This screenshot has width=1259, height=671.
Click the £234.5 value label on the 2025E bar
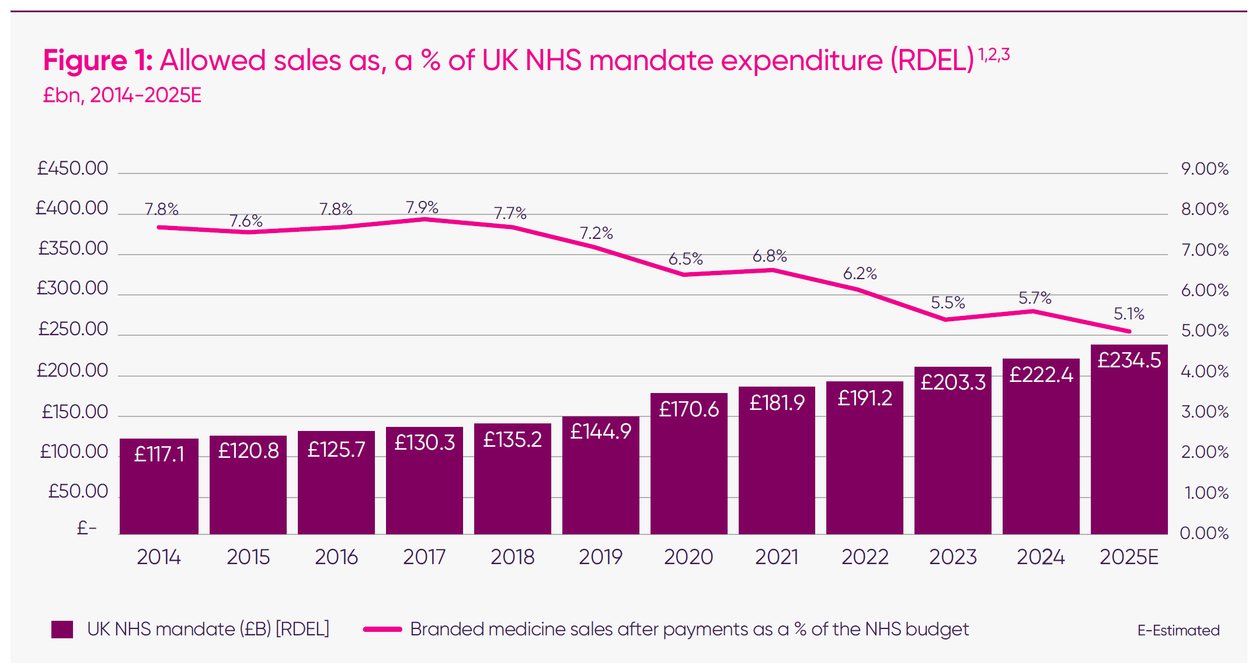(x=1129, y=360)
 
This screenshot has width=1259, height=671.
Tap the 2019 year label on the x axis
(x=600, y=557)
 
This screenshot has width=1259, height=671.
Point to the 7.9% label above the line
(x=422, y=207)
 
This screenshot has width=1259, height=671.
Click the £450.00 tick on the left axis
(x=72, y=168)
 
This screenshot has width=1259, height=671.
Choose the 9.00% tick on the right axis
(x=1204, y=169)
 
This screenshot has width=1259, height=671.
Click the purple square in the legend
(x=62, y=630)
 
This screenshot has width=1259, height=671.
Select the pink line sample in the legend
(x=382, y=630)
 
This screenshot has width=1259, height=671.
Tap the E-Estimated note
(x=1178, y=630)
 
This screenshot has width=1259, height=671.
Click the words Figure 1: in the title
(x=98, y=60)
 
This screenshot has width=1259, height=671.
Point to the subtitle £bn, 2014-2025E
(x=122, y=95)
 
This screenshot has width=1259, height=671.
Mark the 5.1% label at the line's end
(x=1128, y=314)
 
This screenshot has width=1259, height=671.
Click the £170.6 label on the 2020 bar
(x=688, y=409)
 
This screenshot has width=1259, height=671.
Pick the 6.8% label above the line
(x=769, y=256)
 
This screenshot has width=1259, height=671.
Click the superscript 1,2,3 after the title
(x=994, y=55)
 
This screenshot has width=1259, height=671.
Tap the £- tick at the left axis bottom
(x=86, y=528)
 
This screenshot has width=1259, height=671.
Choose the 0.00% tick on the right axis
(x=1204, y=533)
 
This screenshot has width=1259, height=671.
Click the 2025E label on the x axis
(x=1128, y=557)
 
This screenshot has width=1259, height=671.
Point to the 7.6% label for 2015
(x=245, y=221)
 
